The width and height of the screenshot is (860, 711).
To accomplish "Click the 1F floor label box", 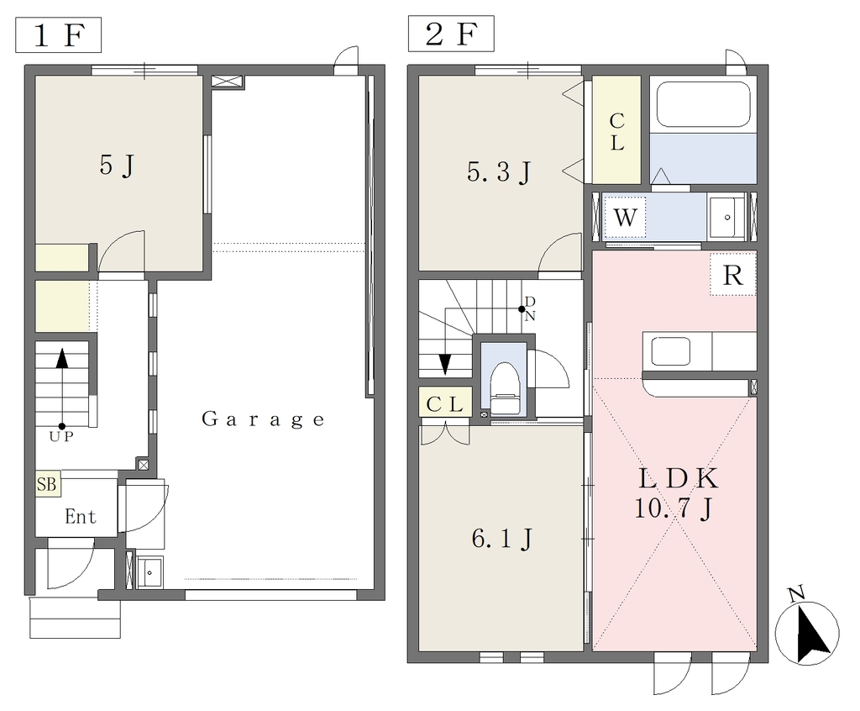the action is [58, 35].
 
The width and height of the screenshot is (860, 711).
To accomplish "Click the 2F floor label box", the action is [451, 34].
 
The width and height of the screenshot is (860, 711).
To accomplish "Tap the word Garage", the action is [263, 420].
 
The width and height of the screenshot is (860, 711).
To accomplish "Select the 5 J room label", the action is [117, 165].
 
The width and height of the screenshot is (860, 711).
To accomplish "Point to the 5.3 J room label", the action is [499, 172].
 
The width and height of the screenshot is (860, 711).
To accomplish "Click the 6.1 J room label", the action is [502, 540].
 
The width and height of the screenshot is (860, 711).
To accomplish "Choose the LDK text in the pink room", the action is [678, 479].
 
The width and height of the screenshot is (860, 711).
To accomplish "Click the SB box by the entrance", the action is [48, 484].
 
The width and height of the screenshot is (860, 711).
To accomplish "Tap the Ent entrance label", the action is [81, 517].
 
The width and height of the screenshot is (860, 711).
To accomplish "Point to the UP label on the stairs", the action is [61, 437].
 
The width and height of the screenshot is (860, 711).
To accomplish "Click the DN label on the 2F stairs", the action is [530, 308].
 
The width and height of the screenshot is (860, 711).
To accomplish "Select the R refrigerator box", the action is [733, 275].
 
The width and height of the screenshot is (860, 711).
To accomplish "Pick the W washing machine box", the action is [625, 218].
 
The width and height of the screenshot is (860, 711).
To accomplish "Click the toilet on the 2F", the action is [505, 387].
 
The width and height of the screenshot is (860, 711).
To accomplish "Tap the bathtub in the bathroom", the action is [703, 104].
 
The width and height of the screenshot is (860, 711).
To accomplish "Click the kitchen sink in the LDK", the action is [670, 351].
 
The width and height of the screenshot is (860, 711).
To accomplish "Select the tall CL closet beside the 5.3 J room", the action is [616, 130].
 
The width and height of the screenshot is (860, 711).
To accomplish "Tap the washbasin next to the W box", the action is [726, 218].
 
